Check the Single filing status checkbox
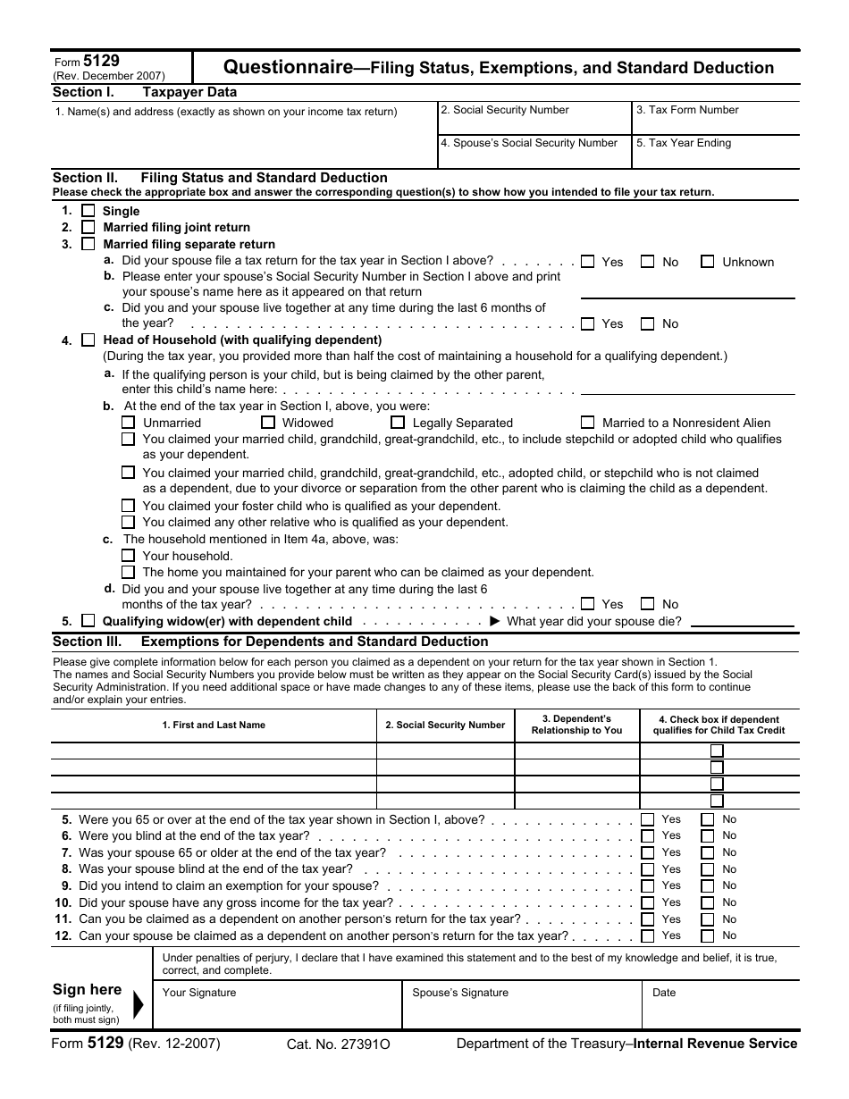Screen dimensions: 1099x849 coord(88,211)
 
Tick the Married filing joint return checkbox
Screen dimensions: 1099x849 coord(88,227)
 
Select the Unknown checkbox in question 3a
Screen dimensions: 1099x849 coord(707,262)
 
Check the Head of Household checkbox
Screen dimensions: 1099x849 coord(88,340)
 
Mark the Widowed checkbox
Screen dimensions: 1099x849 coord(267,423)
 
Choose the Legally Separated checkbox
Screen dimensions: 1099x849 coord(398,423)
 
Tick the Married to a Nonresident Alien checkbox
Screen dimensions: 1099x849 coord(587,423)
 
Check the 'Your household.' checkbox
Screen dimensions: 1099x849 coord(128,556)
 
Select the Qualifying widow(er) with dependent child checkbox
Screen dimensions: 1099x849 coord(88,621)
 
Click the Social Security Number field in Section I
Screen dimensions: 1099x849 coord(534,122)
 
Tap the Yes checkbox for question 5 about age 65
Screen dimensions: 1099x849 coord(648,819)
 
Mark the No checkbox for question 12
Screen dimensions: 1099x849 coord(708,935)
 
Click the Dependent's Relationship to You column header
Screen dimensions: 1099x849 coord(576,725)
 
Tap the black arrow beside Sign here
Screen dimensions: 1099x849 coord(138,1005)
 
